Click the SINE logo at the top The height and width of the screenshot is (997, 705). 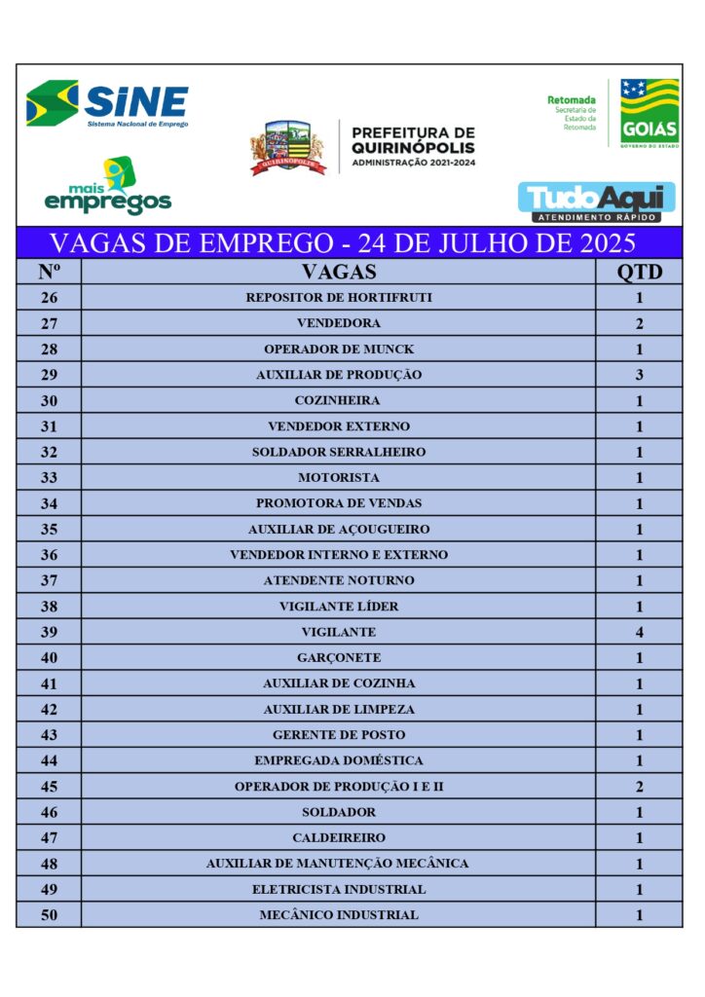coord(108,103)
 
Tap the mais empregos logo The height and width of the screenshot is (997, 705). coord(108,187)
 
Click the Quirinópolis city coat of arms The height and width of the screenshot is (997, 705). coord(287,148)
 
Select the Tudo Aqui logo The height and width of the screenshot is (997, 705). coord(597,201)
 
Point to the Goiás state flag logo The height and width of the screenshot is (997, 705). coord(649,113)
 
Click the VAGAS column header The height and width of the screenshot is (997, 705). coord(339,272)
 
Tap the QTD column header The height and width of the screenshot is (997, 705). coord(640,272)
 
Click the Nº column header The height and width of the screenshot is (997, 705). coord(49,272)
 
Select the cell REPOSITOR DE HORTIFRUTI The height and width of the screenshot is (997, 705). coord(339,298)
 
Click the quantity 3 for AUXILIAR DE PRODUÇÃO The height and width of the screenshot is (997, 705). coord(640,375)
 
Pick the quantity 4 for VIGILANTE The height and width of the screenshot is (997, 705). coord(640,632)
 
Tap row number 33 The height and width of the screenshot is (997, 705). coord(49,478)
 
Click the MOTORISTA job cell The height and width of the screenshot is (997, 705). coord(339,478)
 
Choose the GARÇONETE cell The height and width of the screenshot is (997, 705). coord(339,658)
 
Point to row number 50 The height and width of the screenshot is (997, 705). coord(49,915)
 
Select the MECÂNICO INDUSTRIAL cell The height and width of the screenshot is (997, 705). coord(339,915)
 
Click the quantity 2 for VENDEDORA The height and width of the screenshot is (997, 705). coord(640,323)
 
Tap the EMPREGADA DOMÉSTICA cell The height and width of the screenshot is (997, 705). coord(339,760)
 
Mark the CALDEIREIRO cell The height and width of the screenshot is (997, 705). coord(339,837)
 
